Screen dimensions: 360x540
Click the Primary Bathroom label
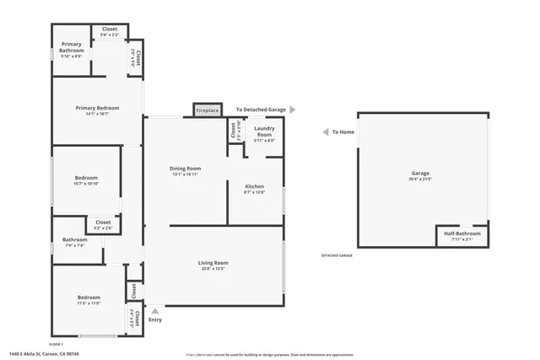click(x=71, y=50)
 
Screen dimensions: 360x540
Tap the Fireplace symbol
click(x=208, y=110)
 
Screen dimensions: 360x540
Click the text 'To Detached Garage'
click(x=262, y=110)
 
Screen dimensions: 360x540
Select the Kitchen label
click(x=254, y=188)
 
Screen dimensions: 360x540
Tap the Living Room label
click(x=213, y=266)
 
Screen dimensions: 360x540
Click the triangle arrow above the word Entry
click(x=154, y=310)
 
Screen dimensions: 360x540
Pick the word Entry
click(x=154, y=320)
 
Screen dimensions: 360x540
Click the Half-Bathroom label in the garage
click(x=463, y=235)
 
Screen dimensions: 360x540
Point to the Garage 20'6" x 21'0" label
click(x=420, y=176)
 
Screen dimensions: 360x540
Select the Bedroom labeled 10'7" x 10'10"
click(x=86, y=180)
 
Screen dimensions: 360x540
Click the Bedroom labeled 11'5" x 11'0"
click(x=89, y=299)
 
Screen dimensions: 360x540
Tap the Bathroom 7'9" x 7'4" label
click(x=73, y=243)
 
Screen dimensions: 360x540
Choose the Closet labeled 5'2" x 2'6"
click(x=103, y=224)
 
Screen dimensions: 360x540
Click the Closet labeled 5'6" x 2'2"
click(x=110, y=33)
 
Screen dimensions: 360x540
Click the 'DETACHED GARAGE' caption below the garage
click(x=337, y=255)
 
